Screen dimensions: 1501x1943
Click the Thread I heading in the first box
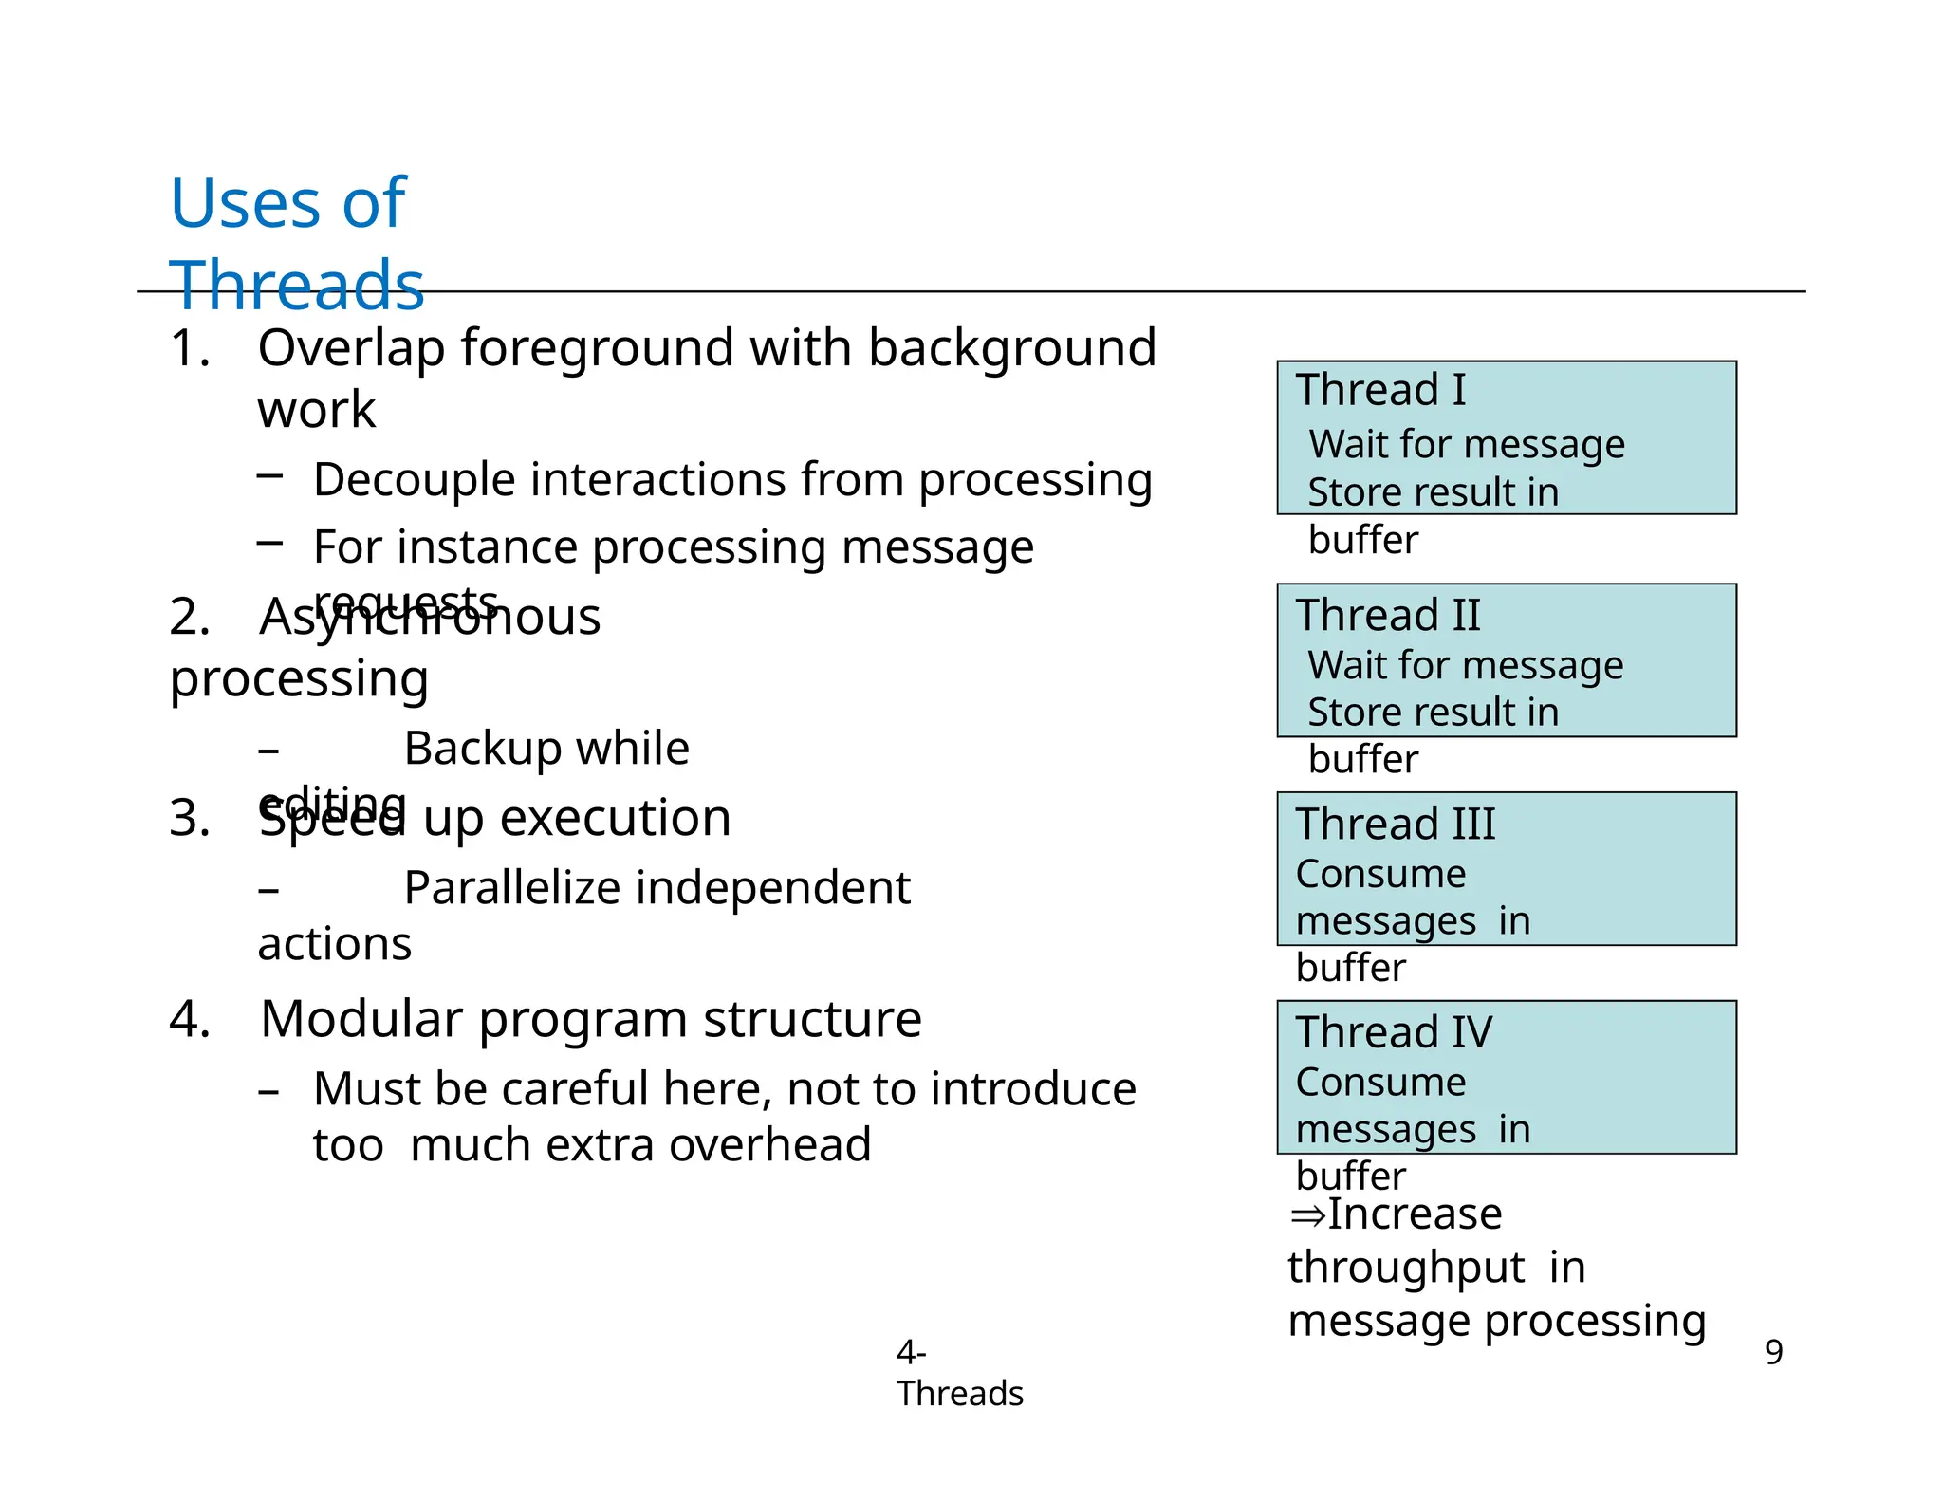pos(1380,390)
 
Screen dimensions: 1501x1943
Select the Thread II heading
pos(1388,616)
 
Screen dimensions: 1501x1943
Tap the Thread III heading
pos(1396,824)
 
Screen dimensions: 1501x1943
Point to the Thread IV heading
pos(1394,1032)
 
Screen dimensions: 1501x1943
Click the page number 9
pos(1773,1352)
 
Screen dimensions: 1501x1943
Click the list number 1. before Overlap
pos(189,348)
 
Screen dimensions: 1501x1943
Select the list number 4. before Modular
pos(190,1020)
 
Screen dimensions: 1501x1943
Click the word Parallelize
pos(511,889)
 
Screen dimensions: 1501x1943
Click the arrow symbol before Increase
pos(1306,1215)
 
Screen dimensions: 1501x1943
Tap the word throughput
pos(1405,1269)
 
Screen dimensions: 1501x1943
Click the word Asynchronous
pos(430,618)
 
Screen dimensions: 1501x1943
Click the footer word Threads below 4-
pos(959,1394)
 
